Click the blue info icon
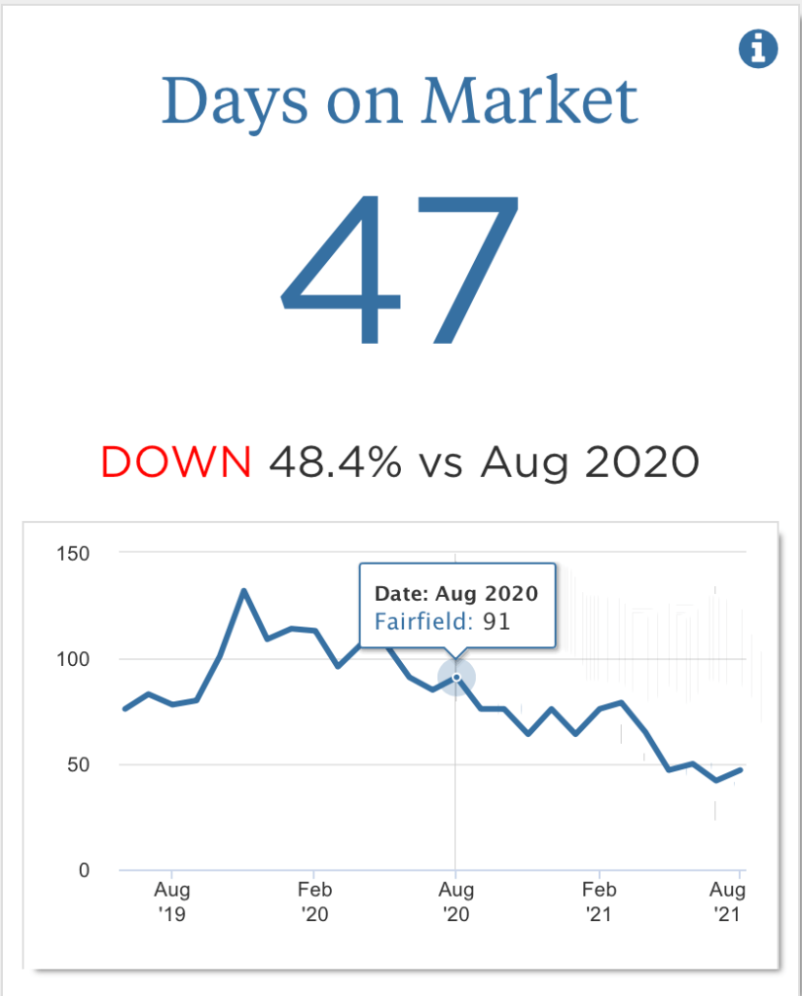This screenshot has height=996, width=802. (x=758, y=49)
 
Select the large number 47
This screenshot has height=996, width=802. (x=400, y=272)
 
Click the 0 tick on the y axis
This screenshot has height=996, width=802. (x=85, y=870)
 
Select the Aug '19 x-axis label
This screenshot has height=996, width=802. (x=172, y=902)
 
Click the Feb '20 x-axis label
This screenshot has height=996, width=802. (x=314, y=902)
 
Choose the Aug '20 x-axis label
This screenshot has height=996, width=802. (x=456, y=902)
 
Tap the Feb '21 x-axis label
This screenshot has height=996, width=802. (x=600, y=902)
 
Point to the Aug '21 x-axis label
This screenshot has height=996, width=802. (x=728, y=902)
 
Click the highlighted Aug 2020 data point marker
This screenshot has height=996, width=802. (x=456, y=678)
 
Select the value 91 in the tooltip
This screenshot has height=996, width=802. (x=496, y=620)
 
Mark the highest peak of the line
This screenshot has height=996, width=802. (x=243, y=590)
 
